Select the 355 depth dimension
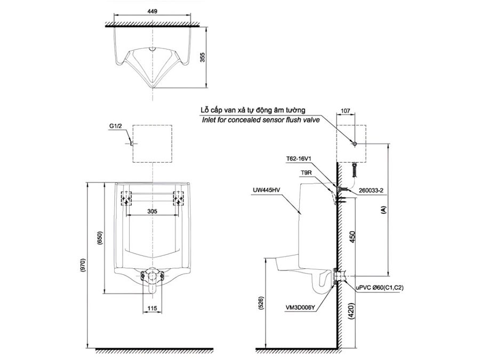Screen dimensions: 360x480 [x=202, y=57]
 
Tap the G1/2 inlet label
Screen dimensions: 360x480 [x=116, y=126]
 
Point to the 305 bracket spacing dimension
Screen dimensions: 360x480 [x=152, y=211]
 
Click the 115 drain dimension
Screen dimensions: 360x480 [x=152, y=308]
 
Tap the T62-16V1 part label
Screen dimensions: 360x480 [x=299, y=158]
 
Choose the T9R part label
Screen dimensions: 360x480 [x=306, y=172]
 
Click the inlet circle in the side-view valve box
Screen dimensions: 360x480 [x=354, y=144]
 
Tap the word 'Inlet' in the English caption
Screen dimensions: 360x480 [x=210, y=121]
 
